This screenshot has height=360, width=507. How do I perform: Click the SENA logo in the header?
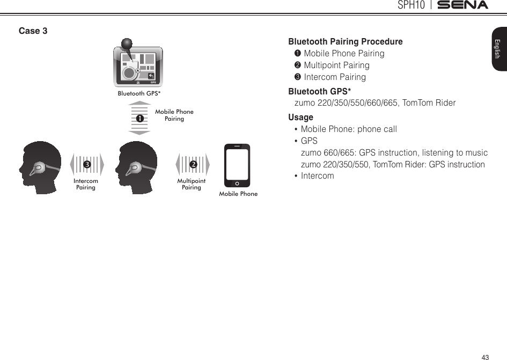pos(461,5)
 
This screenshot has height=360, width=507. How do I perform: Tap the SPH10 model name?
pos(412,5)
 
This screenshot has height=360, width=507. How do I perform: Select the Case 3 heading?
pos(33,31)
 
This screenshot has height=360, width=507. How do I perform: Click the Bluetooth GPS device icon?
pos(137,65)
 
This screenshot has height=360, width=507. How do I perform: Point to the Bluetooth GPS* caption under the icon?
pos(139,93)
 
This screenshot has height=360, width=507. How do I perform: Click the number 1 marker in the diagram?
pos(138,117)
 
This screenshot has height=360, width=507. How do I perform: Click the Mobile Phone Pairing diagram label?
pos(174,115)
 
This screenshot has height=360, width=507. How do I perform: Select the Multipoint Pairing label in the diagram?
pos(192,184)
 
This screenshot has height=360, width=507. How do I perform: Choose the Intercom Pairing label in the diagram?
pos(86,184)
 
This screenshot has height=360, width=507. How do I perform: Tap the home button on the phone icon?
pos(237,182)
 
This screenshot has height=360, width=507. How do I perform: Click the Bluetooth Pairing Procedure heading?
pos(346,42)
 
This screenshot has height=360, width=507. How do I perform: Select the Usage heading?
pos(300,117)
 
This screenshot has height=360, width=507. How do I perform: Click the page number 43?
pos(485,357)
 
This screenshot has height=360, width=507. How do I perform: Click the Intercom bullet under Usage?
pos(317,176)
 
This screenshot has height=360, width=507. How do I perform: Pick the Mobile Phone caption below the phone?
pos(238,194)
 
